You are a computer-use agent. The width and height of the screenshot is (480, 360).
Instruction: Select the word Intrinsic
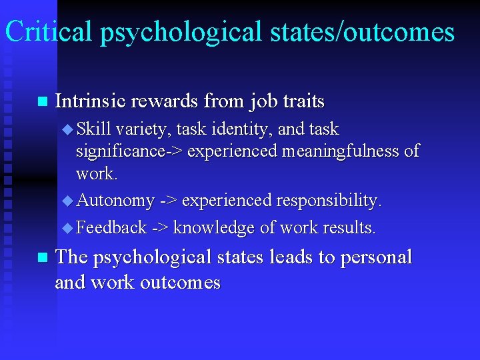pyautogui.click(x=91, y=101)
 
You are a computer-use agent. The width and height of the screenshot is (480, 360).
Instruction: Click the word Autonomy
pyautogui.click(x=115, y=200)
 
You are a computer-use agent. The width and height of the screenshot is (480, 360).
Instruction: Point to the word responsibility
pyautogui.click(x=325, y=200)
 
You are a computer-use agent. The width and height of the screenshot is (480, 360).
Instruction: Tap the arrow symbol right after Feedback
pyautogui.click(x=159, y=228)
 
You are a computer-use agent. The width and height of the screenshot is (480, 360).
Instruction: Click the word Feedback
pyautogui.click(x=111, y=228)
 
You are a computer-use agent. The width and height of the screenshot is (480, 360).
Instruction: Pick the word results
pyautogui.click(x=349, y=228)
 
